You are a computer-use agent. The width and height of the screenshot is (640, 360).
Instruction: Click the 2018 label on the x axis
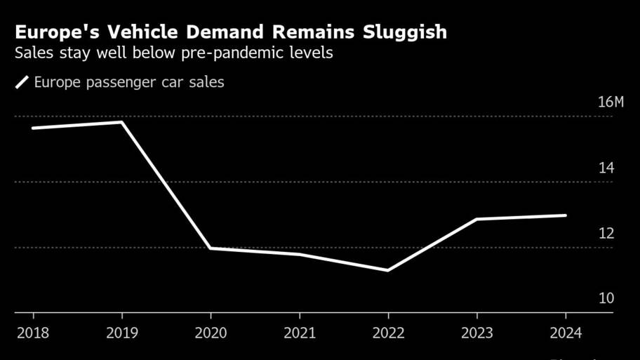coord(32,333)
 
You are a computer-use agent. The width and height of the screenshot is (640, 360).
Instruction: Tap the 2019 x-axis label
coord(122,333)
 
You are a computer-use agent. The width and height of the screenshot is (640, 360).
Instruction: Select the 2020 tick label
coord(211,333)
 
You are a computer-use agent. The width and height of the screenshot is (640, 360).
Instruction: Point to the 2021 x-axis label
coord(300,333)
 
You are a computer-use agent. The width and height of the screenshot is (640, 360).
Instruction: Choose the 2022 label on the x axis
coord(388,333)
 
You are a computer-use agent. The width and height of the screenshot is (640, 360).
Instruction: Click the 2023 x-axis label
coord(477,333)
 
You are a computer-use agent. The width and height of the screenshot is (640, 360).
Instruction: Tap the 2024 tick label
coord(566,333)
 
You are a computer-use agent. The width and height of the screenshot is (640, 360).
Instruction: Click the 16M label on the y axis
coord(610,102)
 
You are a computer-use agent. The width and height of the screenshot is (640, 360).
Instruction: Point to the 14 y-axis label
coord(606,168)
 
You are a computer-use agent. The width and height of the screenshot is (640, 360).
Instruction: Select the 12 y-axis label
coord(606,233)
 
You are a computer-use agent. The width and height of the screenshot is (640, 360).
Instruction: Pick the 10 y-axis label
coord(606,298)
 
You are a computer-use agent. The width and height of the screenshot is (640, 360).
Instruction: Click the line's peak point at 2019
coord(122,122)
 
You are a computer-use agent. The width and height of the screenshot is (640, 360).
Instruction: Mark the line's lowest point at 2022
coord(388,270)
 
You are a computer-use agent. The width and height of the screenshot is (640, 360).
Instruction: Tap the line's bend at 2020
coord(211,248)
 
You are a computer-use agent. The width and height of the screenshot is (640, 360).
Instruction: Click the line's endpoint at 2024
coord(565,215)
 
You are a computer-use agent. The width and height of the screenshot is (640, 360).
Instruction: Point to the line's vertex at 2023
coord(477,219)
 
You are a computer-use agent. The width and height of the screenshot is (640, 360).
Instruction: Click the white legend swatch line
coord(22,83)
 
